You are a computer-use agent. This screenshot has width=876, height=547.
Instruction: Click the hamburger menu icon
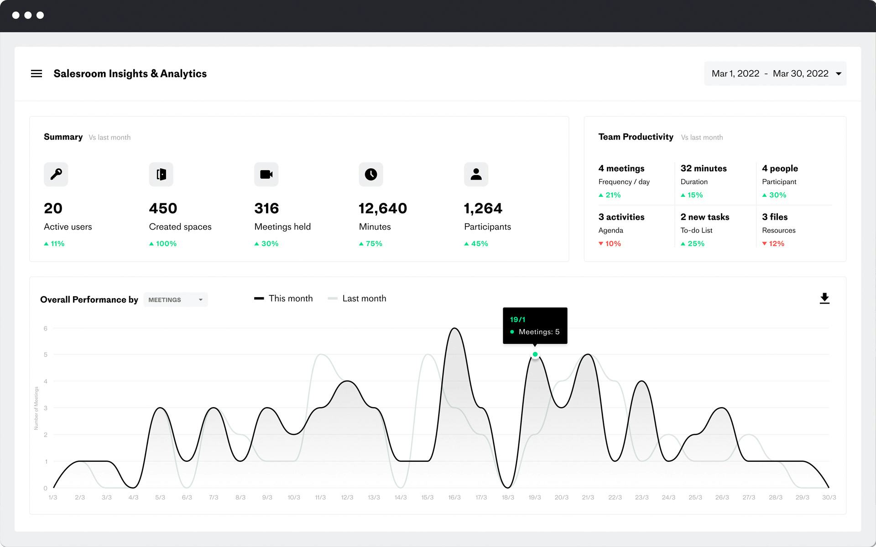tap(36, 73)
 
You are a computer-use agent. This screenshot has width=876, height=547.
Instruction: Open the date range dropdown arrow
tap(839, 74)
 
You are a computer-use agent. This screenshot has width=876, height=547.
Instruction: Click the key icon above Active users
tap(56, 174)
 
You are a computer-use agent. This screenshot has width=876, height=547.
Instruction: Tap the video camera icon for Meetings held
tap(266, 174)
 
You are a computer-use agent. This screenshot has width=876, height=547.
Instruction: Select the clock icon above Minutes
tap(371, 174)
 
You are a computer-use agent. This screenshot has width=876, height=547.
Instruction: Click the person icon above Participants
tap(476, 174)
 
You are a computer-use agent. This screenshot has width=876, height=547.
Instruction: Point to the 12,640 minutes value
tap(383, 208)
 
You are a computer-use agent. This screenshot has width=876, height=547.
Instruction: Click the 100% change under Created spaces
tap(163, 244)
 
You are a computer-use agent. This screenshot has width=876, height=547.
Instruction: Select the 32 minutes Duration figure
tap(704, 168)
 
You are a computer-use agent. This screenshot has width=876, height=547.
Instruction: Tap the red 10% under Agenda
tap(610, 244)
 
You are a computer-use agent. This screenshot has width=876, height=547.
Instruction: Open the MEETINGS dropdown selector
tap(176, 299)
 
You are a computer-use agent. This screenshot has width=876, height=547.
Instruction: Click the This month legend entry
tap(284, 299)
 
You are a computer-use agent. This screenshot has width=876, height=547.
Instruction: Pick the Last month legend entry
tap(357, 299)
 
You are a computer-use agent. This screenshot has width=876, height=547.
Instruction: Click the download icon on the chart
tap(824, 299)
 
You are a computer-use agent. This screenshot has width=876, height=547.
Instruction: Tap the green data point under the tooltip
tap(535, 354)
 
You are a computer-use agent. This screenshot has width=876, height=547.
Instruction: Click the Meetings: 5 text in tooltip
tap(539, 332)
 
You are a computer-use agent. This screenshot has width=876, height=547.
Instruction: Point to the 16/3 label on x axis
tap(454, 497)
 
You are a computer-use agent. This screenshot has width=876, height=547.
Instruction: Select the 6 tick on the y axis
tap(46, 328)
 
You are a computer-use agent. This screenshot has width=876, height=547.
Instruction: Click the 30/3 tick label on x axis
tap(829, 497)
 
